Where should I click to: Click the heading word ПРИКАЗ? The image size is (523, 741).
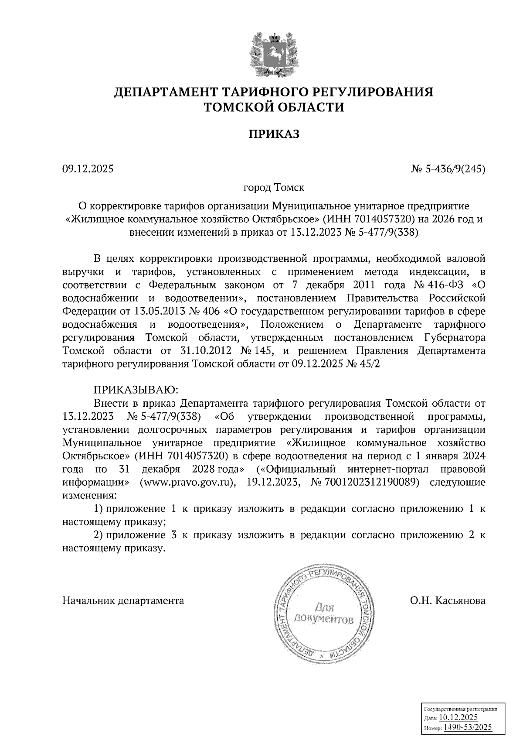coord(274,134)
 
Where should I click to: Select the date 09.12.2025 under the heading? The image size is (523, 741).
coord(88,168)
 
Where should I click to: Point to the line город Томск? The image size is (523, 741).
coord(274,188)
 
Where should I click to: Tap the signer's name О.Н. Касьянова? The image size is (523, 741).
coord(447,601)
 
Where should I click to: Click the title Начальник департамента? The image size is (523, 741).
coord(123,601)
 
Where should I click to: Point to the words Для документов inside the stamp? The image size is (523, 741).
coord(323,613)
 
